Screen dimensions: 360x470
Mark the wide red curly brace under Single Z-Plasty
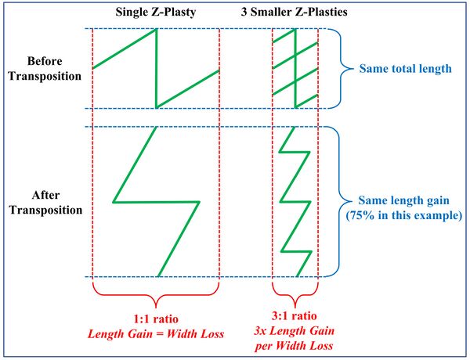[156, 296]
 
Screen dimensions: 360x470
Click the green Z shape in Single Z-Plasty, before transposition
[157, 69]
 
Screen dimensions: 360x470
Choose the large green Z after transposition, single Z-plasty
[157, 202]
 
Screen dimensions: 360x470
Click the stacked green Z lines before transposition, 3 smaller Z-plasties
[295, 69]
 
